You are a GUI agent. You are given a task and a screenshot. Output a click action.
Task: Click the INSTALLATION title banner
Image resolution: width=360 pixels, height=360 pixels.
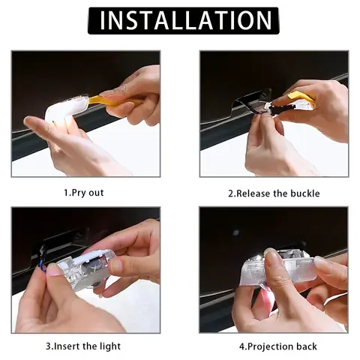pos(183,20)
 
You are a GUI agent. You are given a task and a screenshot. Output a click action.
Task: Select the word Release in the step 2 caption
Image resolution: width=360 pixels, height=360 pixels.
pos(257,193)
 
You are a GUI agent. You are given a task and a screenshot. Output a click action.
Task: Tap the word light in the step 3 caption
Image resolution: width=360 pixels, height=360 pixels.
pos(109,346)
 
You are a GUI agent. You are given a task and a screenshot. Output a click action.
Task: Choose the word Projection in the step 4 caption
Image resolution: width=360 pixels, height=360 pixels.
pos(271,346)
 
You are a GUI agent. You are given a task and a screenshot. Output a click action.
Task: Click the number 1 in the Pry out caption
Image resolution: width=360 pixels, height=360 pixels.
pos(66,193)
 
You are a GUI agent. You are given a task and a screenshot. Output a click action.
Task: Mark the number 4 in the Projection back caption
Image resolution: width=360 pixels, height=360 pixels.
pos(241,346)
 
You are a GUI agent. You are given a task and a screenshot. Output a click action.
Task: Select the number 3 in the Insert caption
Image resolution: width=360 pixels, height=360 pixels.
pos(48,346)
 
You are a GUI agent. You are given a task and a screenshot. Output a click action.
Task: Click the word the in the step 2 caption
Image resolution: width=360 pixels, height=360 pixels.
pos(283,193)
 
